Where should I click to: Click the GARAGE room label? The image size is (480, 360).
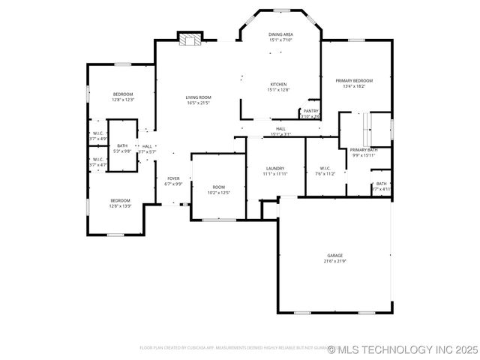334,255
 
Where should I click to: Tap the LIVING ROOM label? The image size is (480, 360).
198,97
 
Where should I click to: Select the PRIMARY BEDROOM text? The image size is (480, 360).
353,80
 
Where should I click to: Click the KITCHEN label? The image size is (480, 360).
278,84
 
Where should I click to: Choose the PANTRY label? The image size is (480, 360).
310,111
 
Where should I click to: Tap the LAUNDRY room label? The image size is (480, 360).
274,168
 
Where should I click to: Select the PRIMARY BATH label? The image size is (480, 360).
364,150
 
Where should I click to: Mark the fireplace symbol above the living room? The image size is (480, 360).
190,39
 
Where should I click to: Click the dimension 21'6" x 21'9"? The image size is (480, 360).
334,261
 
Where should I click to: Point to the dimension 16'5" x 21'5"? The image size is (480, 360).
198,103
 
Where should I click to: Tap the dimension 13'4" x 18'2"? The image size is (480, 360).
353,86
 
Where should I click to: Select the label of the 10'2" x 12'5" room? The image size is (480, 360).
218,187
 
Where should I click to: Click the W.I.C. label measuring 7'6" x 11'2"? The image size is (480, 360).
325,168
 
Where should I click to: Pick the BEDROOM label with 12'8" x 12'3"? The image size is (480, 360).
123,94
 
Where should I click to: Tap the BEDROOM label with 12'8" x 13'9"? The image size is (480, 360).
121,200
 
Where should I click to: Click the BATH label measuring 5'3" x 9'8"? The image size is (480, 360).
122,145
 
